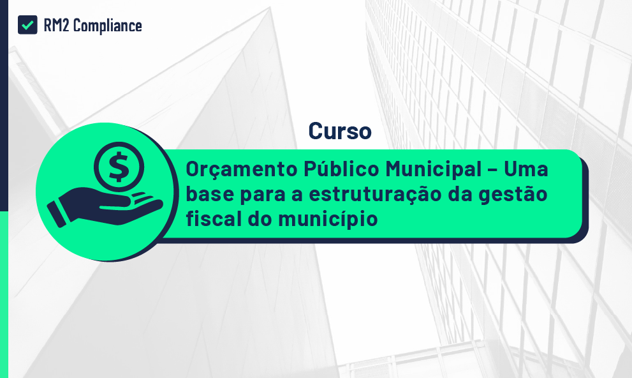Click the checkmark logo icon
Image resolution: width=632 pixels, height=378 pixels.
pos(27,25)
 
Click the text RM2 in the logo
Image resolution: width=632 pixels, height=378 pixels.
pos(57,26)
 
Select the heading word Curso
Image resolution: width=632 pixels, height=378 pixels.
pos(340,130)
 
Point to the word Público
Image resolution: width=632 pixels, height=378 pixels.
pos(341,170)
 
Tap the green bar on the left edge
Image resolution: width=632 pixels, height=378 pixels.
pos(4,294)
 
